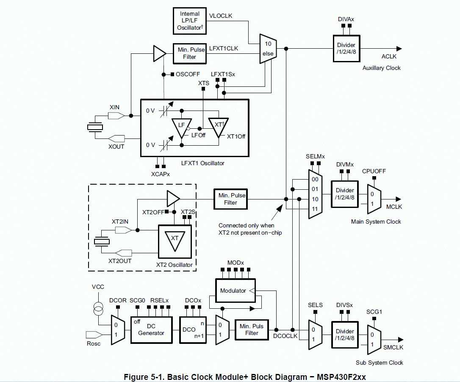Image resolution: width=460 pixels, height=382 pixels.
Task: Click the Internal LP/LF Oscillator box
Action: (x=189, y=21)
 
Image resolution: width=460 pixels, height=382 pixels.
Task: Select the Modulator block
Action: (x=235, y=291)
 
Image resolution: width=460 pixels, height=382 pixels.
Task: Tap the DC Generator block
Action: (x=151, y=330)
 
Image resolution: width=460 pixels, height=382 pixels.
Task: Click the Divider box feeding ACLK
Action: (x=346, y=48)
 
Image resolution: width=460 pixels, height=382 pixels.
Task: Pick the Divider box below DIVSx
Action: (x=345, y=335)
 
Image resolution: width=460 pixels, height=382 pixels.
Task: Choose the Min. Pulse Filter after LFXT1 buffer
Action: (x=189, y=53)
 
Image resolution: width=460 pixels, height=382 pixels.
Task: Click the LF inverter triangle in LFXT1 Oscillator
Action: (x=182, y=128)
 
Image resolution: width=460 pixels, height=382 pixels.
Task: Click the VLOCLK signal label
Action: (x=221, y=16)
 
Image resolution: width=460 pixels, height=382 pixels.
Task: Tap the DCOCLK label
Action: (x=285, y=336)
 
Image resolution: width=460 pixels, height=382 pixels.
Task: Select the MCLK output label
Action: (x=394, y=207)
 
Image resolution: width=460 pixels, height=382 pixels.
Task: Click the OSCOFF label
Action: (x=188, y=74)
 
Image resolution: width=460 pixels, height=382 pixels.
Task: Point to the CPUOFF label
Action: (x=374, y=171)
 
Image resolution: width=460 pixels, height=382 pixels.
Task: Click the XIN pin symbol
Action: (x=116, y=116)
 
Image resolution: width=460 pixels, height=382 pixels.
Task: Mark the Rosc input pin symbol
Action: (x=94, y=335)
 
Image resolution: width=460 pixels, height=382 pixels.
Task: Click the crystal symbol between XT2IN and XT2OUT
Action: (x=102, y=241)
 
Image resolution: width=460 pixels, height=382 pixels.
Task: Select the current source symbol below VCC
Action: (x=98, y=309)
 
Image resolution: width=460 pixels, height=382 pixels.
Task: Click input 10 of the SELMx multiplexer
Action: (x=315, y=199)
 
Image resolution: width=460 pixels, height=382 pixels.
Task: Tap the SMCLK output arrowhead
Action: (x=400, y=340)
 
